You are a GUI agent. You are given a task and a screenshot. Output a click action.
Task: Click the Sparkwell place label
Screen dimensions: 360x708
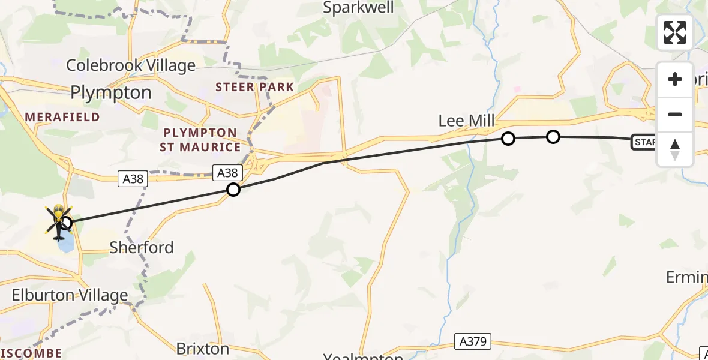tap(359, 8)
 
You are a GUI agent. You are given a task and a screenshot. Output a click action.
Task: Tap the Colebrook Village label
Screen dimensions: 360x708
tap(131, 65)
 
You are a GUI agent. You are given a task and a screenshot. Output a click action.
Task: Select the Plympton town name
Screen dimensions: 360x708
tap(111, 92)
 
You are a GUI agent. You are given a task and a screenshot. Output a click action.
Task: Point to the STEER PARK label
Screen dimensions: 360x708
tap(255, 87)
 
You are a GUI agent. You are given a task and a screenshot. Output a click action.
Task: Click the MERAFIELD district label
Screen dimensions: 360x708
tap(62, 117)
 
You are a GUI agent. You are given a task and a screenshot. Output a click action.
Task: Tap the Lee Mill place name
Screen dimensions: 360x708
tap(466, 121)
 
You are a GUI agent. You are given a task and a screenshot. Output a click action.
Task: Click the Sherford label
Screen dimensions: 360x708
tap(142, 247)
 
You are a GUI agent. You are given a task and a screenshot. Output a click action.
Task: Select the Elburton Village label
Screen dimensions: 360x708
tap(71, 295)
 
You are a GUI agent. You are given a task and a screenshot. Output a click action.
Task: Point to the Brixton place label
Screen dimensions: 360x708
tap(203, 349)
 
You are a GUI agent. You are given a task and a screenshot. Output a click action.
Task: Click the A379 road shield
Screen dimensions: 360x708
tap(473, 342)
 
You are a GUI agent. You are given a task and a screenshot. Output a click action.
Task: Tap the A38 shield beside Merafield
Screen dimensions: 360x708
tap(133, 178)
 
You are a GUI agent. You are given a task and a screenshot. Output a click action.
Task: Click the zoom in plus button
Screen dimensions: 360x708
tap(675, 80)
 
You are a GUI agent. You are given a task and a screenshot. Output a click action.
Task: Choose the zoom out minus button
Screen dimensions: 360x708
tap(675, 114)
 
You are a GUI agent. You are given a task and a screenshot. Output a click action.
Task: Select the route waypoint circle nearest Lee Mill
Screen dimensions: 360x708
tap(508, 139)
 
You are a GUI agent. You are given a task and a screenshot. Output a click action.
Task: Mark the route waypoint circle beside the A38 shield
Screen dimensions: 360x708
tap(233, 190)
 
